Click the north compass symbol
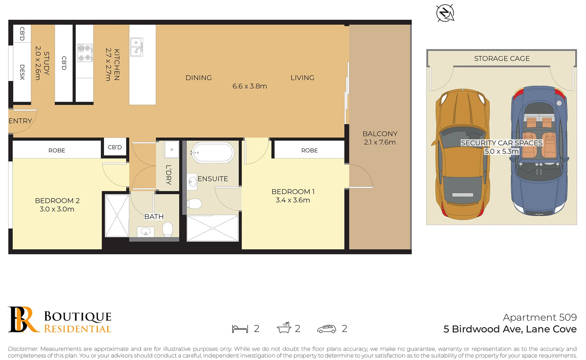pyautogui.click(x=445, y=13)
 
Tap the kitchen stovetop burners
pyautogui.click(x=85, y=53)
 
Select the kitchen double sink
pyautogui.click(x=136, y=47)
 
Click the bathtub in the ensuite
pyautogui.click(x=212, y=153)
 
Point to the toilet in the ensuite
pyautogui.click(x=194, y=203)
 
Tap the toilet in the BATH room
pyautogui.click(x=167, y=229)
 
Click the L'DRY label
pyautogui.click(x=168, y=175)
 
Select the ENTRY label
pyautogui.click(x=20, y=121)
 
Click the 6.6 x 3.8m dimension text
pyautogui.click(x=249, y=86)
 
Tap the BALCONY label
pyautogui.click(x=380, y=134)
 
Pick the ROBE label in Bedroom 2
pyautogui.click(x=57, y=150)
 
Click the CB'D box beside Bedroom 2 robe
pyautogui.click(x=115, y=147)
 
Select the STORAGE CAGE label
pyautogui.click(x=502, y=59)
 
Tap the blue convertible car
pyautogui.click(x=539, y=152)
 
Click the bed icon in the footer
pyautogui.click(x=240, y=329)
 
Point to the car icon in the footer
pyautogui.click(x=327, y=329)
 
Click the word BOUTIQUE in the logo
pyautogui.click(x=78, y=316)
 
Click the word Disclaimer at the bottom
pyautogui.click(x=23, y=349)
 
